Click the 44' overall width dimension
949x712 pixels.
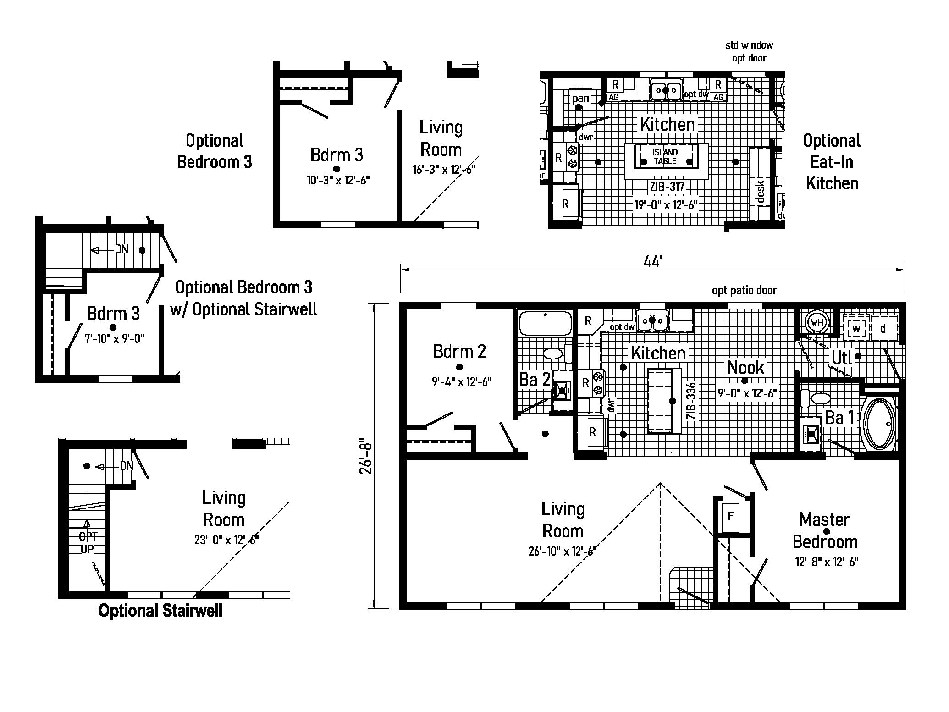(652, 261)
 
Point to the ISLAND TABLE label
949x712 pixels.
(666, 157)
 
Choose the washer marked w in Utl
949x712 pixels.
(855, 328)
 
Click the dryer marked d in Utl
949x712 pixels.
(883, 328)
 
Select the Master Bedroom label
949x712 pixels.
(825, 530)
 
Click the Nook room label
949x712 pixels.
(746, 368)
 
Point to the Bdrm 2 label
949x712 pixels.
(459, 352)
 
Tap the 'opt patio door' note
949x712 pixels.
(744, 290)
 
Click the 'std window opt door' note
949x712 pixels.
(749, 51)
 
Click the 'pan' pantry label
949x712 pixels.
(580, 98)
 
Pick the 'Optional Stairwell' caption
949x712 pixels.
(160, 611)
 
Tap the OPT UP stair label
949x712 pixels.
(87, 542)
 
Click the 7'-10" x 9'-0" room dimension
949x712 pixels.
(115, 339)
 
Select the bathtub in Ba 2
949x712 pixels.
(545, 323)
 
